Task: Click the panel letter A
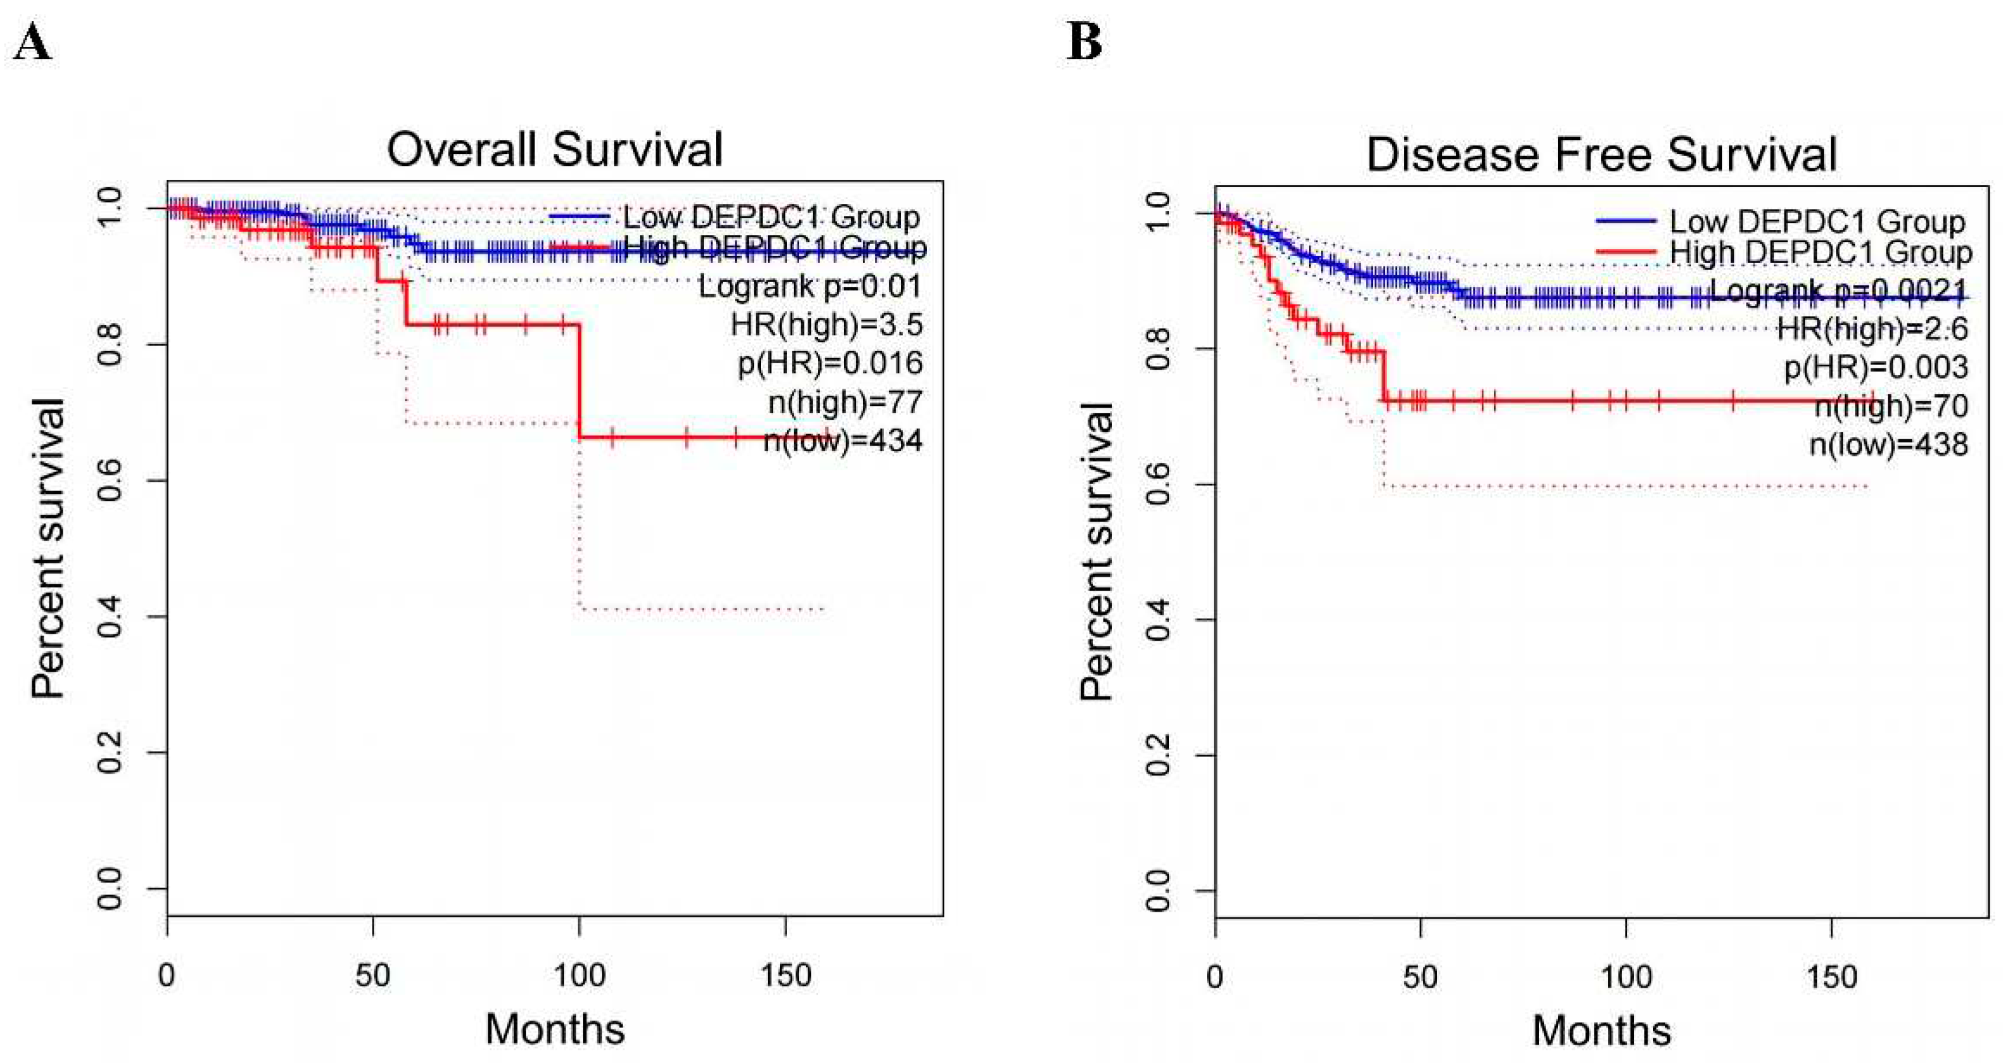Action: (x=33, y=43)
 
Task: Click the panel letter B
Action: (x=1085, y=43)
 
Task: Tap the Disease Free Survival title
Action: (x=1601, y=154)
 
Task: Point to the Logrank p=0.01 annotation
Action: (x=809, y=286)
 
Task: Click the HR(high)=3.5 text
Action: (x=826, y=324)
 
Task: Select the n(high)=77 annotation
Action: (x=845, y=402)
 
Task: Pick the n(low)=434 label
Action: (x=843, y=441)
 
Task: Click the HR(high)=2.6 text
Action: (x=1873, y=329)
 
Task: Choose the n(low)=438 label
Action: (x=1889, y=445)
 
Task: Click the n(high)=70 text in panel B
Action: (x=1891, y=406)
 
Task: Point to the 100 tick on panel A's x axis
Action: (x=579, y=975)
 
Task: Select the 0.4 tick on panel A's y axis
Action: (x=110, y=617)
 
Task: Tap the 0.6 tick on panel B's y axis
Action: (x=1159, y=484)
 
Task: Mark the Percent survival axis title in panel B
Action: (x=1096, y=552)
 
